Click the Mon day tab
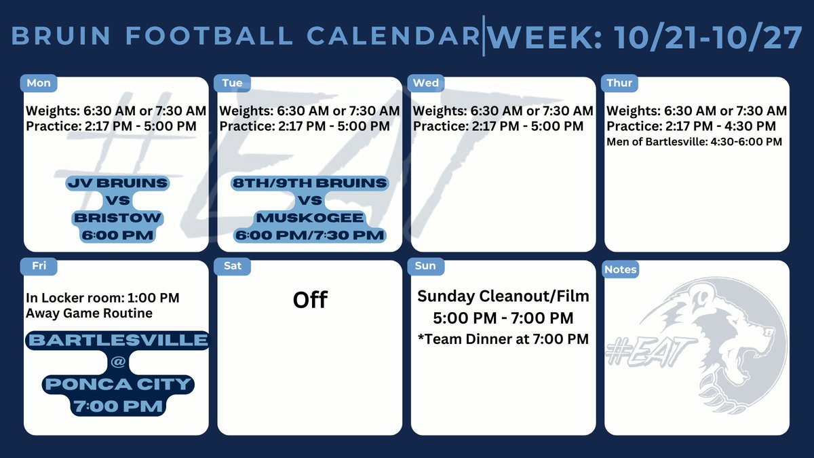(39, 83)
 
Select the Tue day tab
(232, 83)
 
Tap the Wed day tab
(426, 83)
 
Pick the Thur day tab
(619, 83)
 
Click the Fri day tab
(39, 266)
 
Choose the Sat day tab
(232, 266)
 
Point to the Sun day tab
(425, 266)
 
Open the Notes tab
(621, 269)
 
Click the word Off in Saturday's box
(310, 299)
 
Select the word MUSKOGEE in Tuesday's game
(310, 218)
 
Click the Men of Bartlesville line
(694, 142)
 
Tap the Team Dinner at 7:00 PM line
(503, 338)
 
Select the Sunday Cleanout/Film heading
(503, 296)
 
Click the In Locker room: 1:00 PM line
(102, 298)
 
